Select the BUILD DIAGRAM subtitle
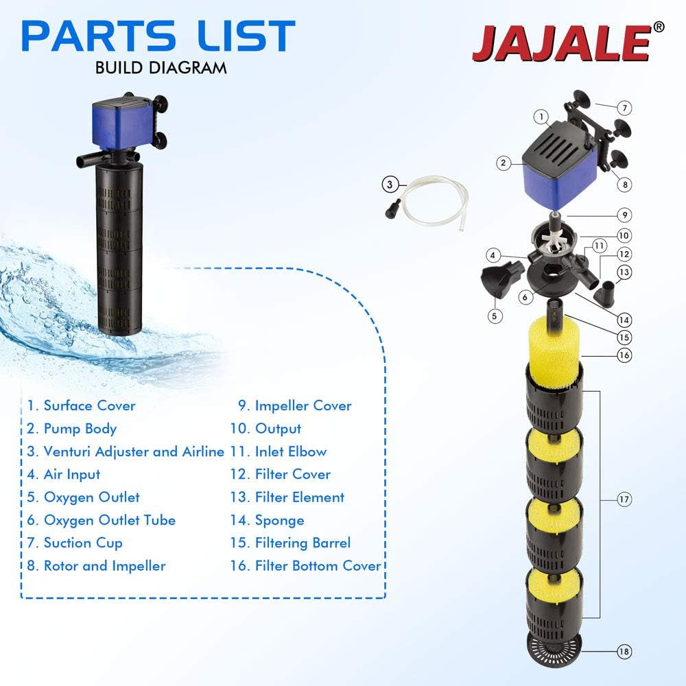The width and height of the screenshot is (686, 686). coord(161,68)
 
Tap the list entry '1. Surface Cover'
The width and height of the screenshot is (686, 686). coord(82,405)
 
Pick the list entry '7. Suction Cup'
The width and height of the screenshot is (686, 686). coord(75,543)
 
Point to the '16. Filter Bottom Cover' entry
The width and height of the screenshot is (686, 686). coord(305,566)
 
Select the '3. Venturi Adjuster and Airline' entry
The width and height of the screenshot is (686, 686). coord(126,451)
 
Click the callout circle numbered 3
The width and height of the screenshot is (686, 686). coord(390,183)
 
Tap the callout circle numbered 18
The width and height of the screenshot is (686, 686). coord(624,651)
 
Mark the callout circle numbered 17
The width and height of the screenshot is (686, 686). coord(624,499)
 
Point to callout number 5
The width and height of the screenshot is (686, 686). coord(495,316)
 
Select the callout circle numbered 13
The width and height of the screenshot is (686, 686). coord(624,272)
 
